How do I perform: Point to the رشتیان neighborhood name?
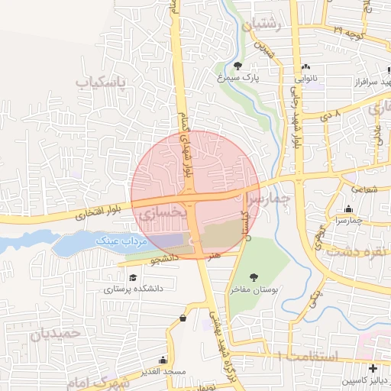(262, 26)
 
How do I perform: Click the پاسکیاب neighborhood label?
(105, 80)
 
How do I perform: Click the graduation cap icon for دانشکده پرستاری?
(134, 277)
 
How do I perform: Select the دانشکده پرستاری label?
(133, 289)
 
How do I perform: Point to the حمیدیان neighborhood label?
(57, 333)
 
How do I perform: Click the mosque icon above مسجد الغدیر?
(162, 360)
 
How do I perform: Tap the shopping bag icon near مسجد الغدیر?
(183, 318)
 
